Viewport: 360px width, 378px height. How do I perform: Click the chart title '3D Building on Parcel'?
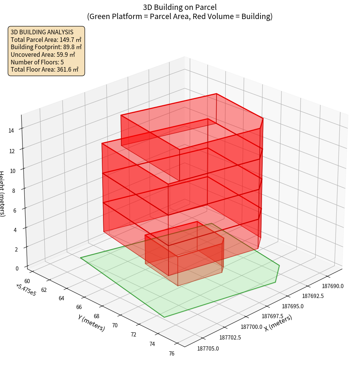[x=180, y=7]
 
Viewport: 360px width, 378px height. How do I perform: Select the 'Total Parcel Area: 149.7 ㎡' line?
[x=46, y=40]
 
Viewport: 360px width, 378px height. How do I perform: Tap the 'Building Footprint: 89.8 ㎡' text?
[x=46, y=47]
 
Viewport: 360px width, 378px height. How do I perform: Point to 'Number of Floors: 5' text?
[x=37, y=62]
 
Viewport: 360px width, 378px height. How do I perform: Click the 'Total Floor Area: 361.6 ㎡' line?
[x=45, y=70]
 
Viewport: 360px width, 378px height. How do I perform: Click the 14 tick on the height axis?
[x=11, y=131]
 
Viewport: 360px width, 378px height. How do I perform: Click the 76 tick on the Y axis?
[x=172, y=354]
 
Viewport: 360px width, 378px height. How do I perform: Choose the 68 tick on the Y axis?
[x=96, y=316]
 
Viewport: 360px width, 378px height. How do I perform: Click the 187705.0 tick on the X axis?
[x=208, y=348]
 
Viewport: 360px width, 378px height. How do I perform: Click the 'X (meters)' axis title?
[x=278, y=323]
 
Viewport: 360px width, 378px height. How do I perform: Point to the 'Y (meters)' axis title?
[x=91, y=322]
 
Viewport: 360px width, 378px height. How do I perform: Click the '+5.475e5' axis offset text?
[x=26, y=290]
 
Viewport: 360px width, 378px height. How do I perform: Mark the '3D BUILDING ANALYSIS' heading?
[x=42, y=32]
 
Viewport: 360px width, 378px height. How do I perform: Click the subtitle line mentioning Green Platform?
[x=180, y=16]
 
